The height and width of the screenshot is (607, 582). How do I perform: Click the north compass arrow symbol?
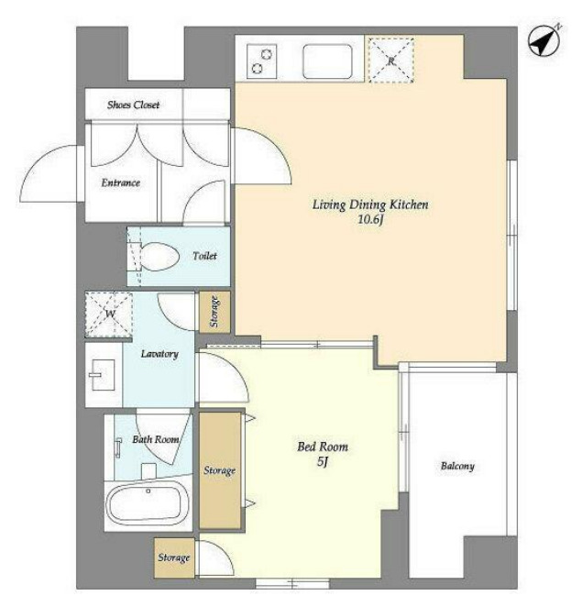tap(544, 39)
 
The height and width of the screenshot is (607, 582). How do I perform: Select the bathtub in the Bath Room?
tap(148, 503)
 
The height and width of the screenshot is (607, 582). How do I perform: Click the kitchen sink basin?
tap(327, 61)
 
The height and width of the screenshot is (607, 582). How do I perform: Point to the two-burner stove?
tap(262, 61)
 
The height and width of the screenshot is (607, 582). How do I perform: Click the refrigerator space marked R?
tap(391, 60)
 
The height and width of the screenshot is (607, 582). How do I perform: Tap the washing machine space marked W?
tap(109, 315)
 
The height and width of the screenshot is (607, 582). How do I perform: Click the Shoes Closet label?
tap(133, 105)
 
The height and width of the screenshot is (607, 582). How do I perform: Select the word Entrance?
tap(120, 182)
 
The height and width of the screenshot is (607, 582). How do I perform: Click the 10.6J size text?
tap(370, 220)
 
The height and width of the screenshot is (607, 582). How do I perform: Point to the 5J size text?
tap(323, 462)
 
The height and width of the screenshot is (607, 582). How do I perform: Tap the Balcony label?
tap(457, 466)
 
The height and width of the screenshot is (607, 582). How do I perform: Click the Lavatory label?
tap(159, 354)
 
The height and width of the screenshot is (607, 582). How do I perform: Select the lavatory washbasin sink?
tap(103, 375)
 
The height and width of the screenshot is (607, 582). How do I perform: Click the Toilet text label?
tap(204, 256)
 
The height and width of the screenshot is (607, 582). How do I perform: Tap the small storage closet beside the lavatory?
tap(214, 312)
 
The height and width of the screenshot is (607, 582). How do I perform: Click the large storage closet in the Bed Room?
tap(220, 470)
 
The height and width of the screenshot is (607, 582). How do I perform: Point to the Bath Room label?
tap(156, 439)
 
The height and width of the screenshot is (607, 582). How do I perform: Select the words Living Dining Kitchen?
tap(370, 204)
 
